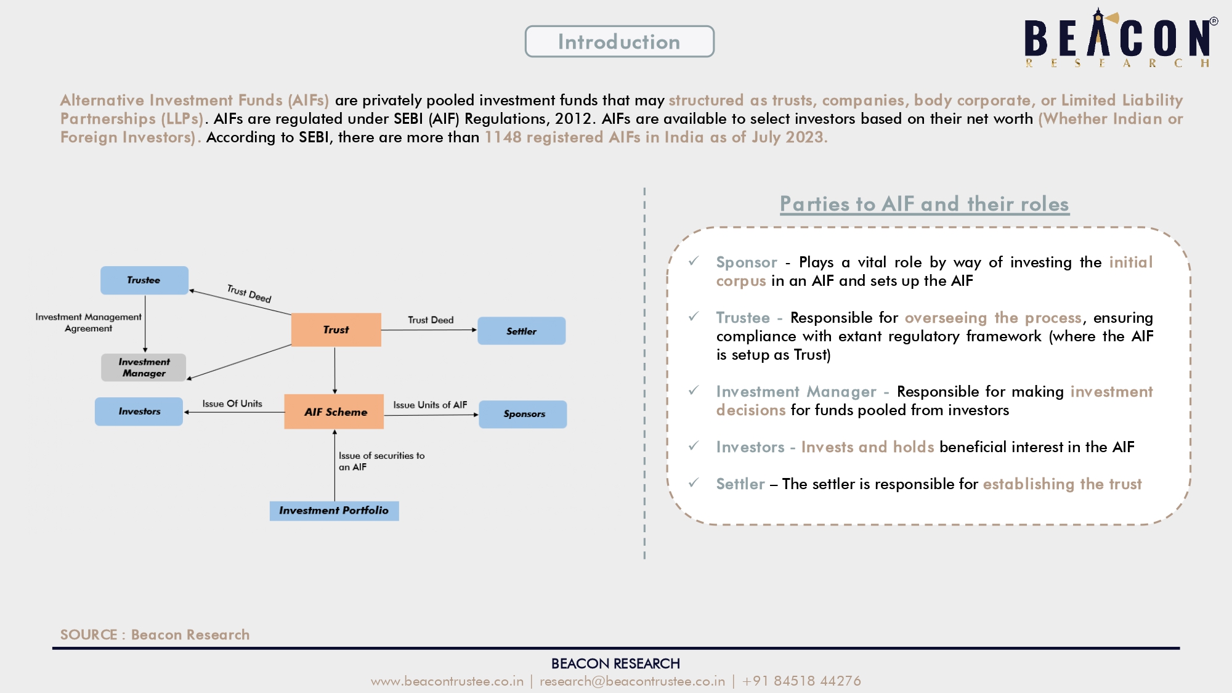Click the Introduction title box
pyautogui.click(x=619, y=41)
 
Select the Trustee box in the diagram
pyautogui.click(x=144, y=280)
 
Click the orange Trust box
pyautogui.click(x=336, y=330)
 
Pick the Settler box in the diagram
pyautogui.click(x=521, y=331)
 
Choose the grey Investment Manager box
pyautogui.click(x=144, y=367)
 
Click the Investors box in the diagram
pyautogui.click(x=139, y=411)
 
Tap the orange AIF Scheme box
pyautogui.click(x=334, y=411)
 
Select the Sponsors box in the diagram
pyautogui.click(x=523, y=414)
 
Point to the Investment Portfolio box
pyautogui.click(x=334, y=511)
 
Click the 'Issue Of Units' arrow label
pyautogui.click(x=232, y=403)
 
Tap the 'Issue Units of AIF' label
pyautogui.click(x=430, y=405)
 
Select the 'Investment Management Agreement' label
pyautogui.click(x=88, y=322)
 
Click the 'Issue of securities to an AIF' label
pyautogui.click(x=381, y=461)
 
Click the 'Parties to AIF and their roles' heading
pyautogui.click(x=925, y=204)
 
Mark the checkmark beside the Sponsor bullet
pyautogui.click(x=694, y=261)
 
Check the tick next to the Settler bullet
pyautogui.click(x=694, y=483)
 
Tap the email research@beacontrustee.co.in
pyautogui.click(x=632, y=681)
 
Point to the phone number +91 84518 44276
pyautogui.click(x=801, y=681)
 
